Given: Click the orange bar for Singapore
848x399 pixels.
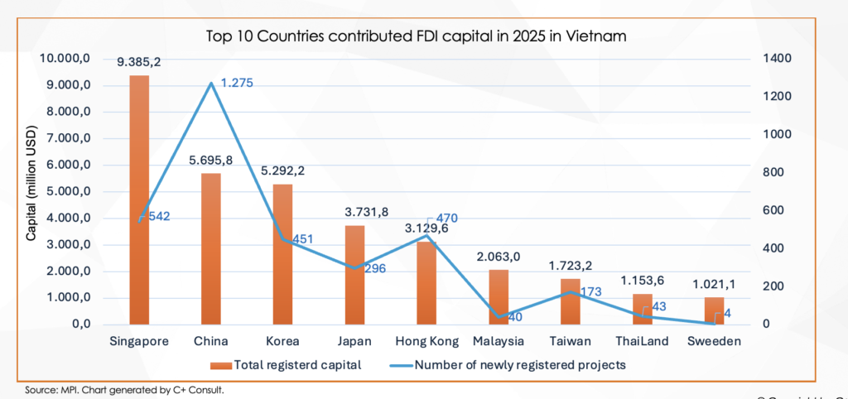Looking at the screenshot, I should (139, 199).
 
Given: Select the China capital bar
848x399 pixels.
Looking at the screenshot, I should (211, 248).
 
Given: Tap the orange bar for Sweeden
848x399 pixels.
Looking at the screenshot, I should (714, 311).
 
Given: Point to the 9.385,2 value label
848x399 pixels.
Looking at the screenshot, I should (139, 61).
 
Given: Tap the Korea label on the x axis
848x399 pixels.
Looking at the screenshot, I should (282, 341).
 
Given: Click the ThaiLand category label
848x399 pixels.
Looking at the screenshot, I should (642, 341).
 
